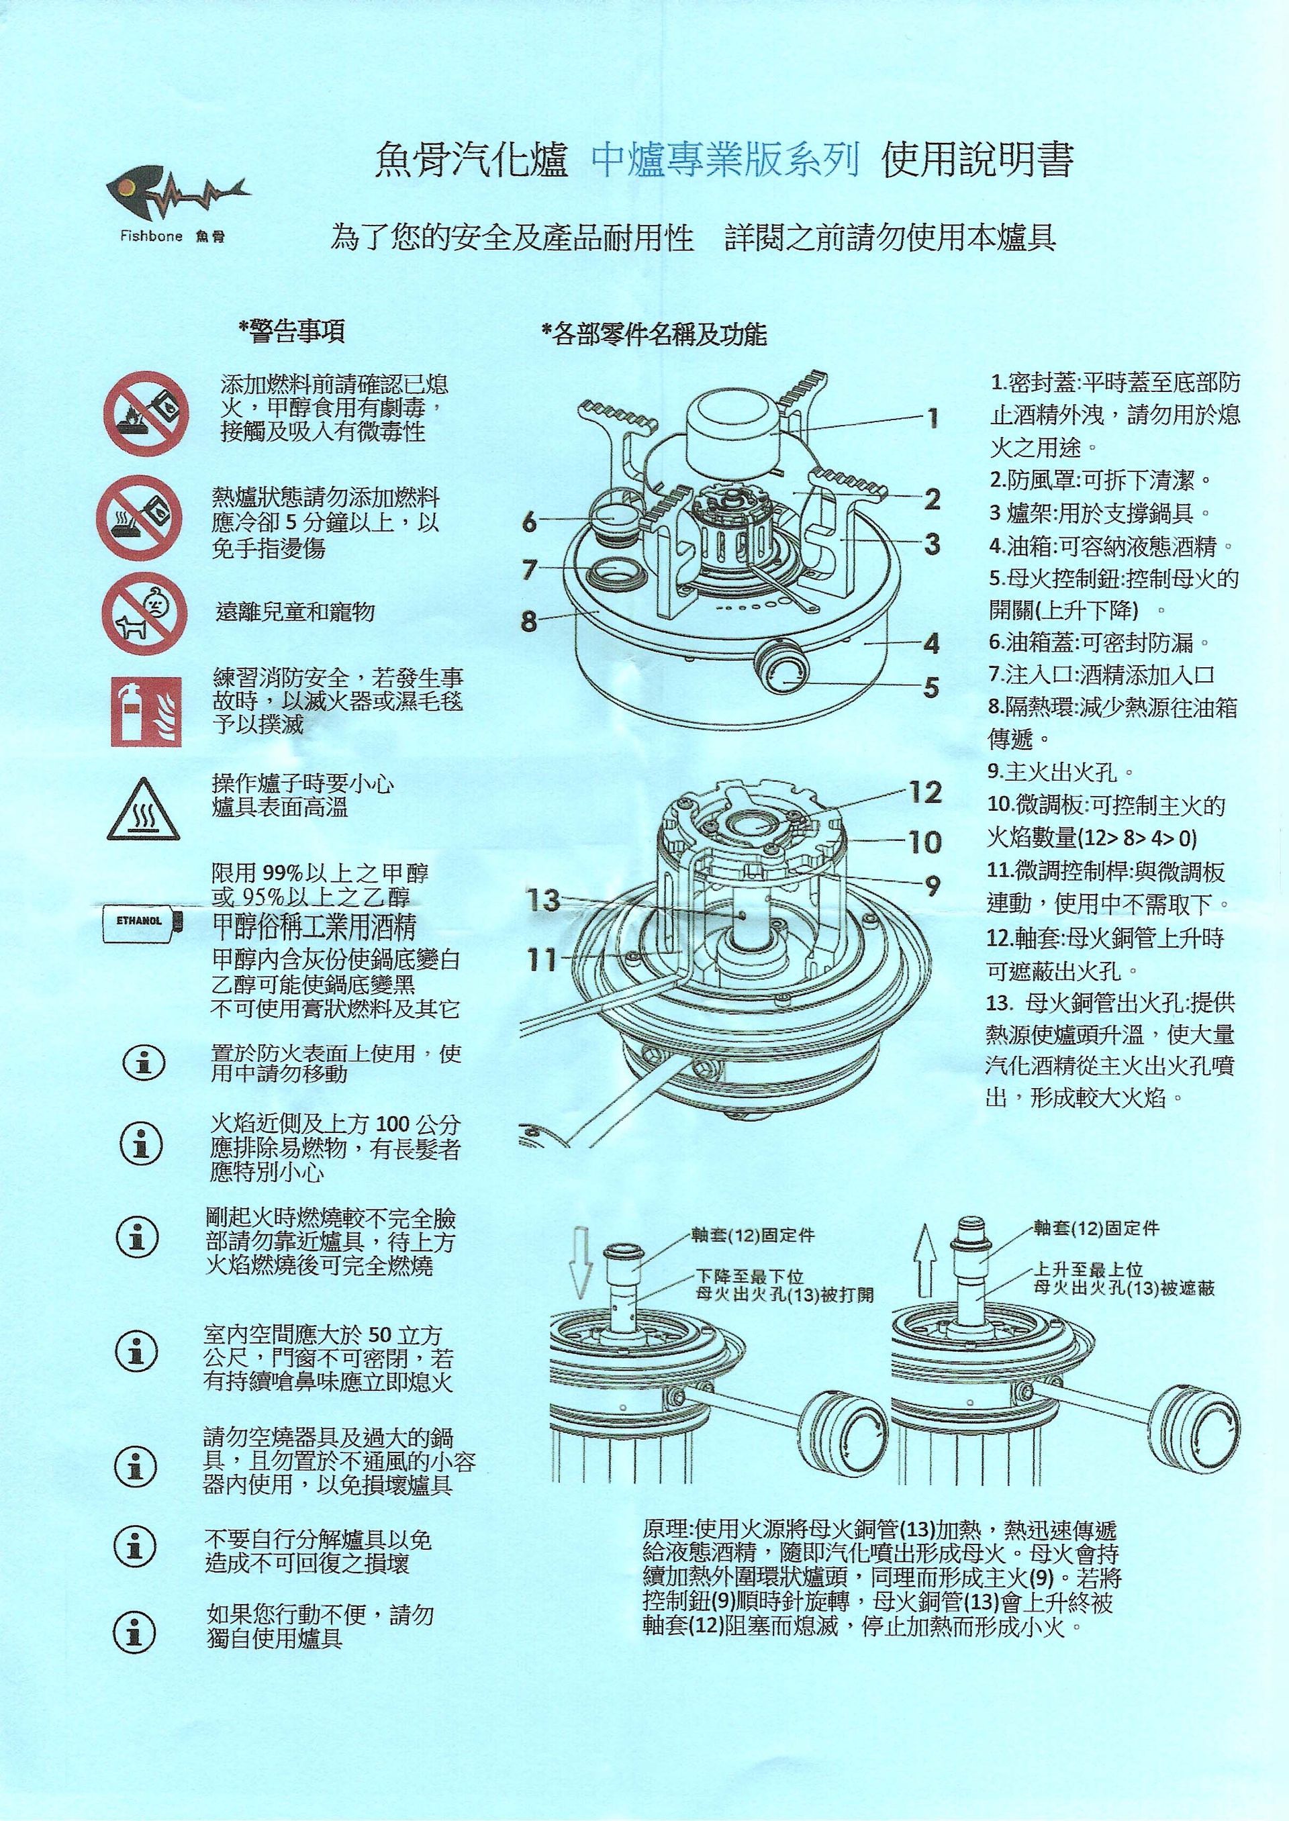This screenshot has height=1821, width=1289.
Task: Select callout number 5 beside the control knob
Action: click(931, 687)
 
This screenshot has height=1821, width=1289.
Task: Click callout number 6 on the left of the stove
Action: click(530, 522)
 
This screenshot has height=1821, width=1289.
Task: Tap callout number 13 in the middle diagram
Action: click(544, 900)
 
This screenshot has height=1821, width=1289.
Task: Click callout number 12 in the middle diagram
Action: click(924, 792)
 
